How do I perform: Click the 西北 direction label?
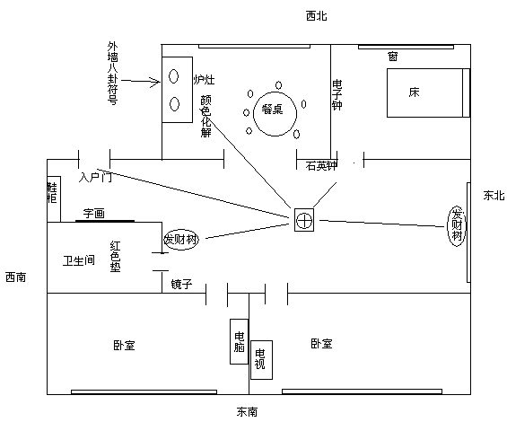point(316,15)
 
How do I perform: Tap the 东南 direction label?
point(247,411)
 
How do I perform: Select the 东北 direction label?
point(494,195)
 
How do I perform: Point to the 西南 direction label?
point(15,277)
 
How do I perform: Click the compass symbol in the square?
point(304,220)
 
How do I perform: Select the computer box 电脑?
point(240,341)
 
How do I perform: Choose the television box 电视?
point(261,359)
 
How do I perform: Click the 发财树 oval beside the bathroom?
point(180,240)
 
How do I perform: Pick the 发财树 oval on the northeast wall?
point(457,226)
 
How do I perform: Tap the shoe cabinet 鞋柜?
point(54,199)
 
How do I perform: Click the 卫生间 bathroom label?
point(79,259)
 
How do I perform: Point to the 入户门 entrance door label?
point(95,178)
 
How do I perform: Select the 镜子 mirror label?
point(181,285)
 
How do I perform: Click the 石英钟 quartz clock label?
point(321,166)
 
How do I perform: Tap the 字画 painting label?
point(93,214)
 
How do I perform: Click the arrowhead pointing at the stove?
point(158,82)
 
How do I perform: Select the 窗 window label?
point(392,57)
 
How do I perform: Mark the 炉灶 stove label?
point(204,80)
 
